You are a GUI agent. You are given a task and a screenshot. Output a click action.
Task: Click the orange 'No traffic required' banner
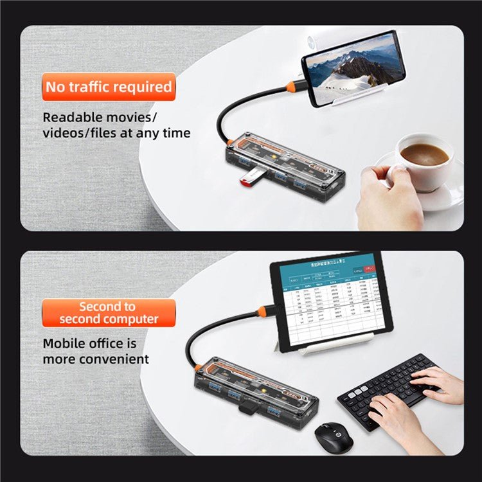click(x=109, y=87)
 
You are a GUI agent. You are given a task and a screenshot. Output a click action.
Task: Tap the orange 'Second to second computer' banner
click(x=109, y=312)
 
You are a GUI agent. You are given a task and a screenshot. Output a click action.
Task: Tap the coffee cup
click(x=424, y=161)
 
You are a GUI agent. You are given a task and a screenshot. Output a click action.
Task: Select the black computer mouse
click(x=334, y=438)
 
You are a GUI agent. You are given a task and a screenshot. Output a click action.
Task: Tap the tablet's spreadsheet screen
click(x=329, y=301)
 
